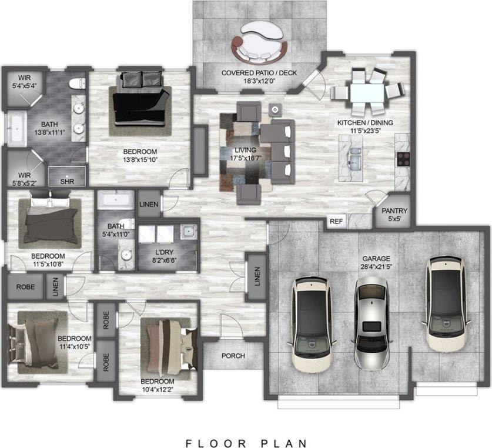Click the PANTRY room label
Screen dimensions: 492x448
click(x=394, y=210)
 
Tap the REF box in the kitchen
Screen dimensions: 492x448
click(x=336, y=221)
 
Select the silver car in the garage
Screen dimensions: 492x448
click(x=372, y=324)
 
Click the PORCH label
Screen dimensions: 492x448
click(x=233, y=356)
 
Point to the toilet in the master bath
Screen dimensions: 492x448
click(x=77, y=83)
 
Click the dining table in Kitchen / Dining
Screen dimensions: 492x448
click(x=367, y=91)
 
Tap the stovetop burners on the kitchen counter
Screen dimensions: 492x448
click(x=403, y=159)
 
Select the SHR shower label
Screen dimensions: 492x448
click(x=67, y=182)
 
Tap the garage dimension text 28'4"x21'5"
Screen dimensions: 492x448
click(x=376, y=267)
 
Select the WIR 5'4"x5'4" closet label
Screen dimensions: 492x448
click(x=25, y=82)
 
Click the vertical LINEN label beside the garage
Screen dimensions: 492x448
click(x=257, y=276)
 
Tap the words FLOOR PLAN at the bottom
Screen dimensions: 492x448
click(x=246, y=443)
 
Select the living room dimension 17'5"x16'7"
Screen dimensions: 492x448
click(x=245, y=158)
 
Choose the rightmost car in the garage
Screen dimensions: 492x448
click(x=446, y=305)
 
